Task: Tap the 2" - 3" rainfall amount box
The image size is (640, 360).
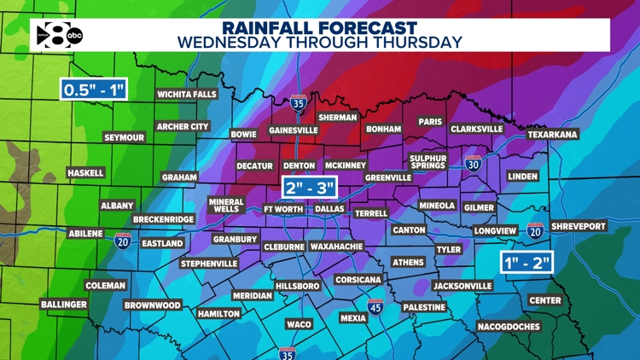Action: [x=310, y=187]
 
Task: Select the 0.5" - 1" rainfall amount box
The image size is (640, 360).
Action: [x=93, y=89]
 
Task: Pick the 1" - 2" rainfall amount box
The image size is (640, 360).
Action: [x=526, y=261]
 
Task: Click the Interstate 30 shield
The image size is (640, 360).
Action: [x=474, y=164]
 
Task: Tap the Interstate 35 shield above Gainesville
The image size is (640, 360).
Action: [x=298, y=104]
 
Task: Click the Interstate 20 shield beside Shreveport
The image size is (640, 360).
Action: [x=535, y=230]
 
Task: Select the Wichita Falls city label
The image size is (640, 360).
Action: [x=187, y=95]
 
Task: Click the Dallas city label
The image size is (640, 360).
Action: [x=329, y=209]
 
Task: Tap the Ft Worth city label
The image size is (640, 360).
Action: [x=283, y=209]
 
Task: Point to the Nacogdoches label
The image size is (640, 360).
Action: [x=509, y=327]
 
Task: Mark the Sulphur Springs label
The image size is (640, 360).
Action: [x=428, y=162]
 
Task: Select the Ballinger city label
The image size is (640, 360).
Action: [x=64, y=305]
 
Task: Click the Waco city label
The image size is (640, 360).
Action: [x=299, y=324]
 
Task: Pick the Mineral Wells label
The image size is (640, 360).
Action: [x=226, y=206]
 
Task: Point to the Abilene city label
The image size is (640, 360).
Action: [x=85, y=234]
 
